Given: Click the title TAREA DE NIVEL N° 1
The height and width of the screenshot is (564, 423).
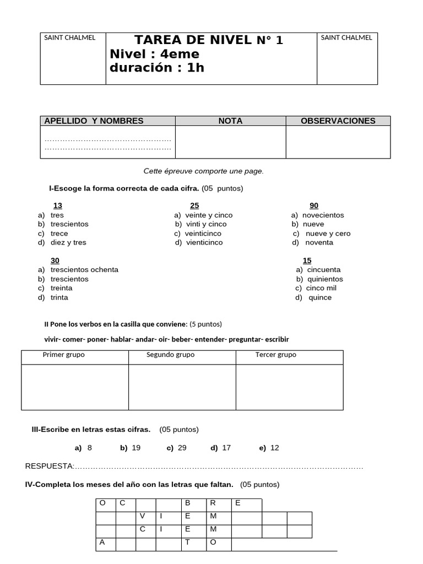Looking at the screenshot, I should coord(209,40).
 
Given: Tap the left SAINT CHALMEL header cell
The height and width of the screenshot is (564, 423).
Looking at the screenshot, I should coord(70,38).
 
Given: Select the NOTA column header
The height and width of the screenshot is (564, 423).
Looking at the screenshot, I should coord(230,121).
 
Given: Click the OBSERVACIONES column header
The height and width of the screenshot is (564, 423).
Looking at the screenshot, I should coord(338,121).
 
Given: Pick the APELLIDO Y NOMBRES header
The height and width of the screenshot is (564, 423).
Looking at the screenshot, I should coord(94,121).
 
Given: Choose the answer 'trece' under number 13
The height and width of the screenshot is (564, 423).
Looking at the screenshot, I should coord(59,234).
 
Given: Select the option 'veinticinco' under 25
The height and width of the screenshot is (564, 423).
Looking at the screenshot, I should coord(203,234).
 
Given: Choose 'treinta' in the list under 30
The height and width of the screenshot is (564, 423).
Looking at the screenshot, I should coord(62,288).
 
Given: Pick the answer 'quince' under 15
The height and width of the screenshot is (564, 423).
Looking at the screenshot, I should coord(321,297).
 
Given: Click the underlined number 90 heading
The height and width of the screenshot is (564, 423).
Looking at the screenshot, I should coord(314,206).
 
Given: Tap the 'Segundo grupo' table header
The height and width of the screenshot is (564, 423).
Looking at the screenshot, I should coord(170,355).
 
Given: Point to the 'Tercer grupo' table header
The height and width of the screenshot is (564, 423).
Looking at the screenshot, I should coord(275,355).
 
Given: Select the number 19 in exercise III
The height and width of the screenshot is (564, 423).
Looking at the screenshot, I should coord(136,448).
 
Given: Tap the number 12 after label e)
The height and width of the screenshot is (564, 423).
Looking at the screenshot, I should coord(275,448).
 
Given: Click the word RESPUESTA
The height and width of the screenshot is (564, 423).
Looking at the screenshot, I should coord(49,467).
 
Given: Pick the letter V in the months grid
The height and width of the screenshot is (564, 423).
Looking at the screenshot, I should coord(143,516).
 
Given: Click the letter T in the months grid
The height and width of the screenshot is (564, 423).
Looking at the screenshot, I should coord(187,542).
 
